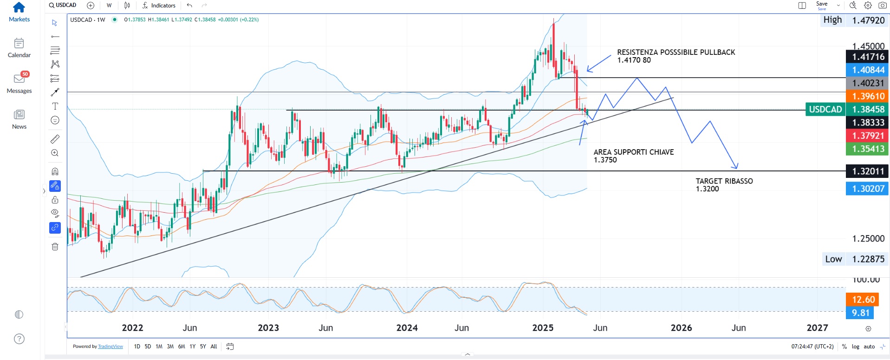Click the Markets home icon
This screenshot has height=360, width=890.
[x=19, y=7]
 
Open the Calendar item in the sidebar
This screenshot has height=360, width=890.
[x=19, y=44]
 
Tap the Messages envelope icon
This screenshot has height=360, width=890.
[x=19, y=79]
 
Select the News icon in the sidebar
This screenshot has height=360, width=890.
[x=19, y=115]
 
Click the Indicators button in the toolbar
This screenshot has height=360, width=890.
[x=159, y=6]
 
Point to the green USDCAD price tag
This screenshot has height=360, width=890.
[x=825, y=110]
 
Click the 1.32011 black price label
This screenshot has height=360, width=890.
[x=867, y=171]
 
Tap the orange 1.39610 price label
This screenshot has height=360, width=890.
[x=867, y=96]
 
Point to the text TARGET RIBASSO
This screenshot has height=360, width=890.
[x=724, y=181]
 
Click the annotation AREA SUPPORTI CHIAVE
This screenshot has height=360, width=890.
[x=633, y=152]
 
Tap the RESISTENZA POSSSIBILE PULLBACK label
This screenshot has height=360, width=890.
[x=676, y=52]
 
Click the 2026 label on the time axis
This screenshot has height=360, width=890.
[x=681, y=328]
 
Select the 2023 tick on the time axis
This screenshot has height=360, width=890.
[x=268, y=328]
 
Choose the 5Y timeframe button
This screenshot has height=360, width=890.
[x=203, y=347]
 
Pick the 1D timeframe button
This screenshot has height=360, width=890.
[x=137, y=347]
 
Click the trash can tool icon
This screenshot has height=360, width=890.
[x=55, y=247]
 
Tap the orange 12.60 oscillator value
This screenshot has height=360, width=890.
[x=863, y=300]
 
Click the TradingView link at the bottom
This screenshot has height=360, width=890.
[x=110, y=347]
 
